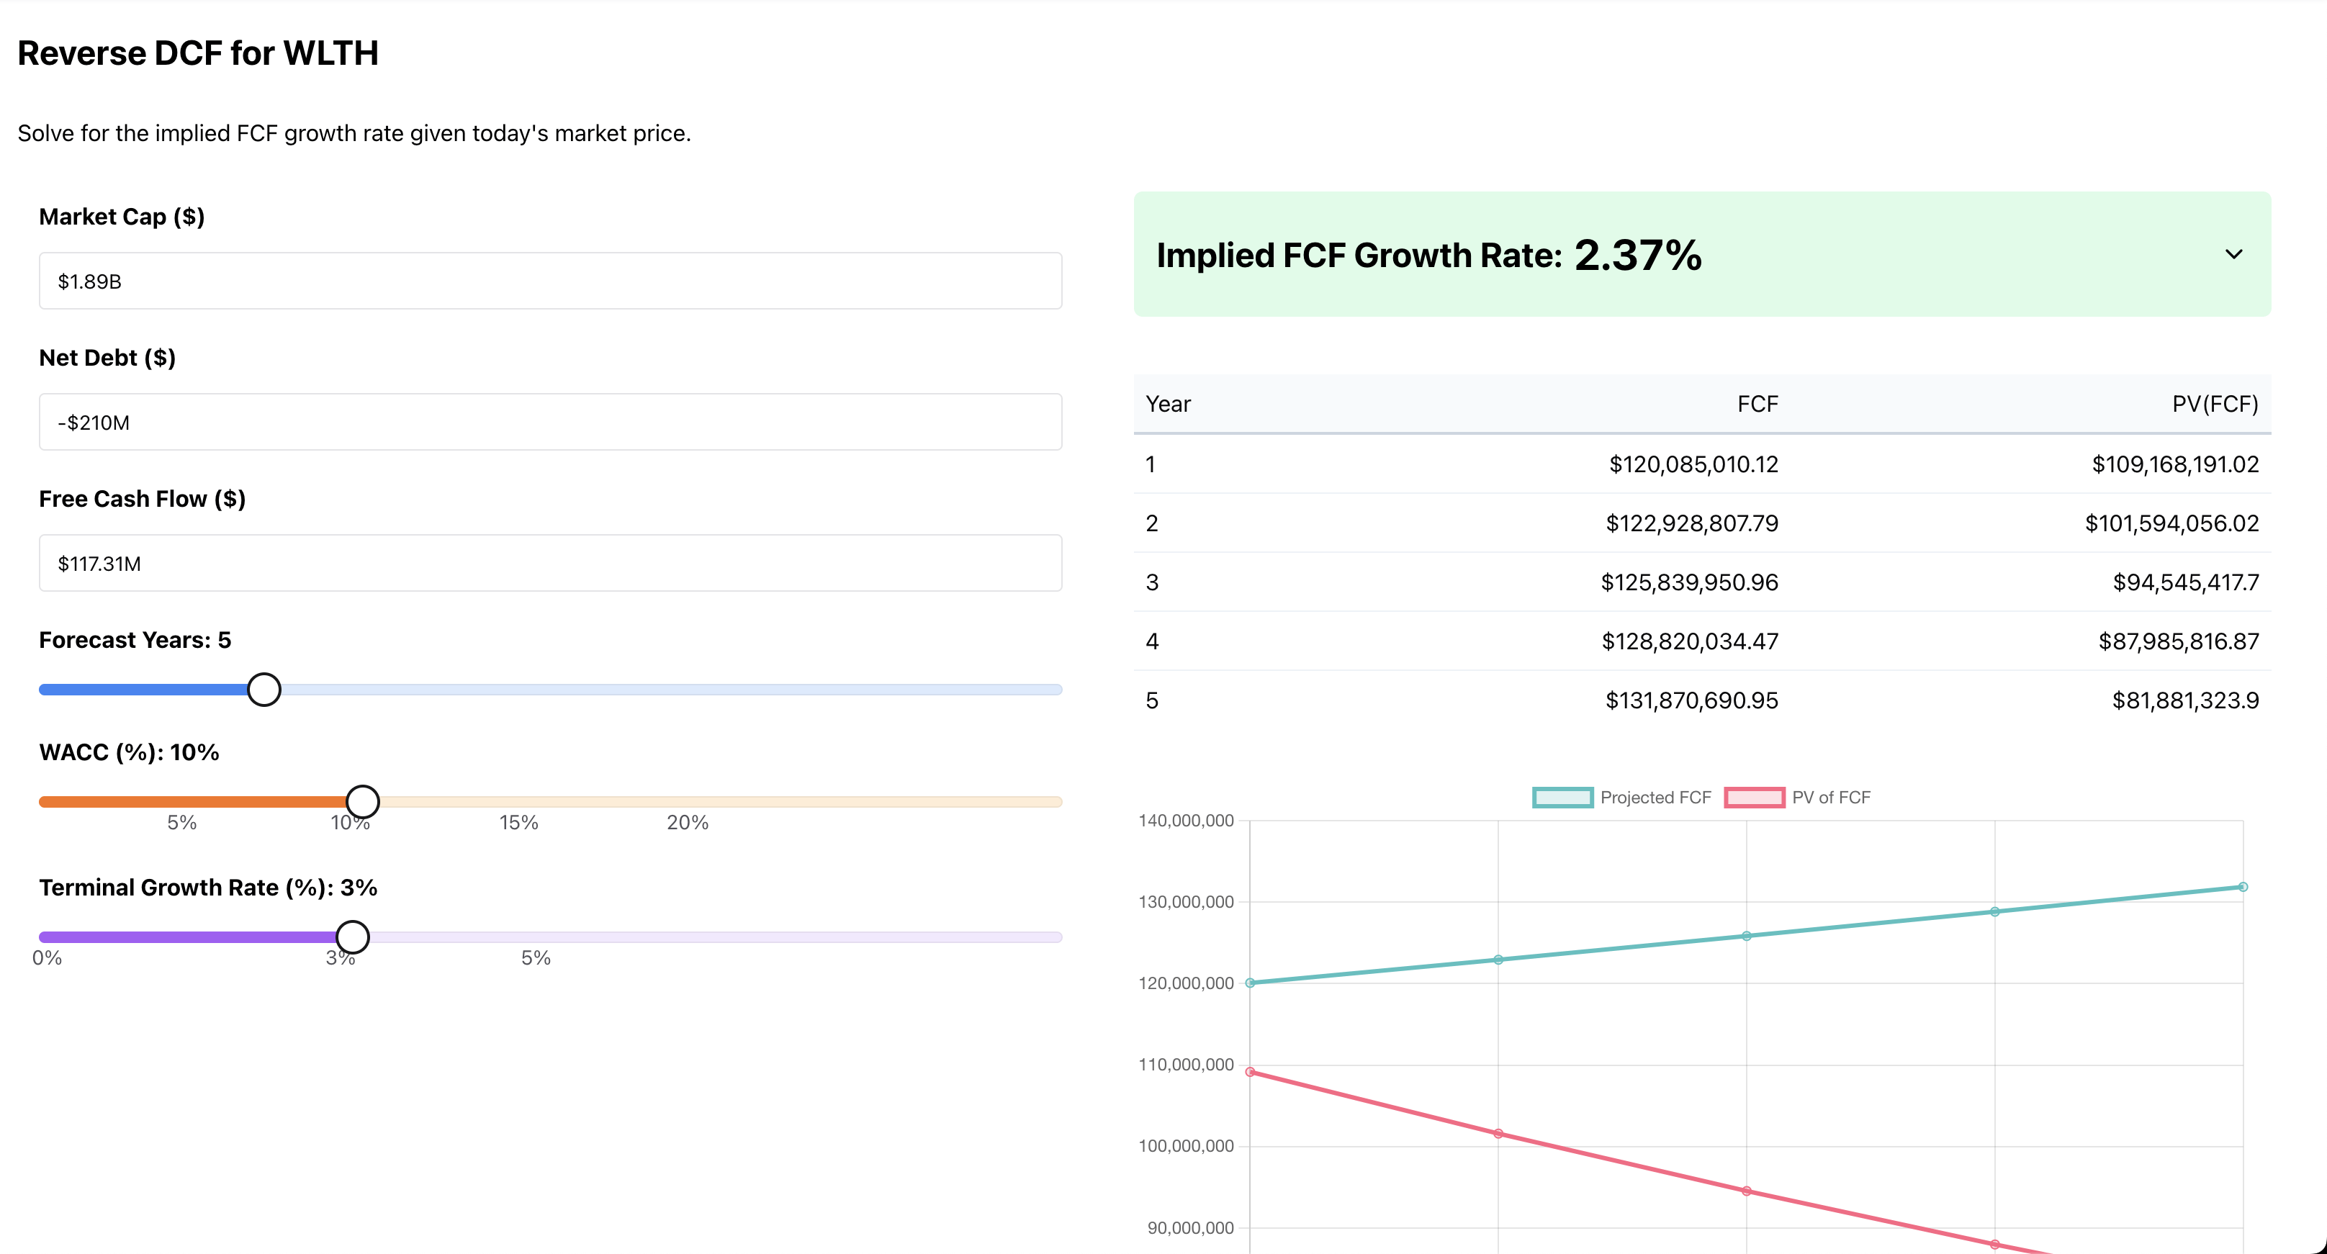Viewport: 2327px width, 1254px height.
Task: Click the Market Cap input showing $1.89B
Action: point(549,281)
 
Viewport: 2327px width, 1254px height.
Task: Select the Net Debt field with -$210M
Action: point(549,422)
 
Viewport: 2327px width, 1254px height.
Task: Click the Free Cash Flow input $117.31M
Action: point(549,563)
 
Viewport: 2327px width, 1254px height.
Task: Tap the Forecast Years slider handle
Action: point(264,690)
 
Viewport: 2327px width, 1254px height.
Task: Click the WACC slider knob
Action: point(362,801)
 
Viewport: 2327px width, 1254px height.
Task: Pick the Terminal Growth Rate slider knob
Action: point(352,937)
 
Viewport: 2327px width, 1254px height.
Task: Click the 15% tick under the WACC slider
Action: point(518,822)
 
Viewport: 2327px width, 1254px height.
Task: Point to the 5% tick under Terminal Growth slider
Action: point(536,957)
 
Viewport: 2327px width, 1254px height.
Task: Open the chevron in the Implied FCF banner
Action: point(2233,255)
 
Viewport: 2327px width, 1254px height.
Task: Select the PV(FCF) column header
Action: point(2214,404)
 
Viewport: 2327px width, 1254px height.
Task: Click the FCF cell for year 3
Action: point(1688,582)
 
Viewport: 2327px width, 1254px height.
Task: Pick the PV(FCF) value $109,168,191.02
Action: point(2174,464)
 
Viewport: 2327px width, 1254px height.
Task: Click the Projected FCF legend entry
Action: point(1621,797)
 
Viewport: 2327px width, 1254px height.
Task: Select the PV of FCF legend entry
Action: point(1798,797)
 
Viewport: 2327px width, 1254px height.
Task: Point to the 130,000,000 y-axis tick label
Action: point(1185,902)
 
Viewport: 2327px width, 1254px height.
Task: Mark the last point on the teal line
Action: point(2242,887)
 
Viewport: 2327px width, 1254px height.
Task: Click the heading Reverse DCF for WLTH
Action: point(198,53)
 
